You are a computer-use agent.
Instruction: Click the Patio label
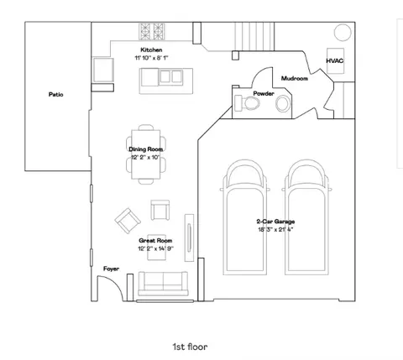coord(56,95)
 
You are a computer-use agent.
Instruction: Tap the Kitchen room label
coord(151,50)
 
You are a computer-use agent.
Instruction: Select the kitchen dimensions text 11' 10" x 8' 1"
coord(151,58)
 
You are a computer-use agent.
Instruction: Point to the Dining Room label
coord(146,149)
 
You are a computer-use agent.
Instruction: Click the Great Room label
coord(155,241)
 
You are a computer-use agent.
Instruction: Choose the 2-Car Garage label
coord(275,222)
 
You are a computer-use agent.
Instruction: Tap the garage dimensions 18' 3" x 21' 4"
coord(275,230)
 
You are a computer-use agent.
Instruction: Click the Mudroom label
coord(295,78)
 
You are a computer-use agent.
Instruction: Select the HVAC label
coord(335,60)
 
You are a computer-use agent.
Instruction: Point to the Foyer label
coord(111,269)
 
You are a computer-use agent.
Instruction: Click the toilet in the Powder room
coord(248,102)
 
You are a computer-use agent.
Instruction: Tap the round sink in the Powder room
coord(283,103)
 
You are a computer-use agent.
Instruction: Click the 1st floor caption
coord(191,347)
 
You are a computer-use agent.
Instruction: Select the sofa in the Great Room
coord(163,284)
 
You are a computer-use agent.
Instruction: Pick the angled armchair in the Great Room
coord(128,221)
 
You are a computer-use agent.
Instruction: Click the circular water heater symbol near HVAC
coord(343,33)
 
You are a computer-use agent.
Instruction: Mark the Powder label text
coord(264,93)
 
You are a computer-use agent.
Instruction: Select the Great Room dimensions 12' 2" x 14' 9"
coord(155,248)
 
